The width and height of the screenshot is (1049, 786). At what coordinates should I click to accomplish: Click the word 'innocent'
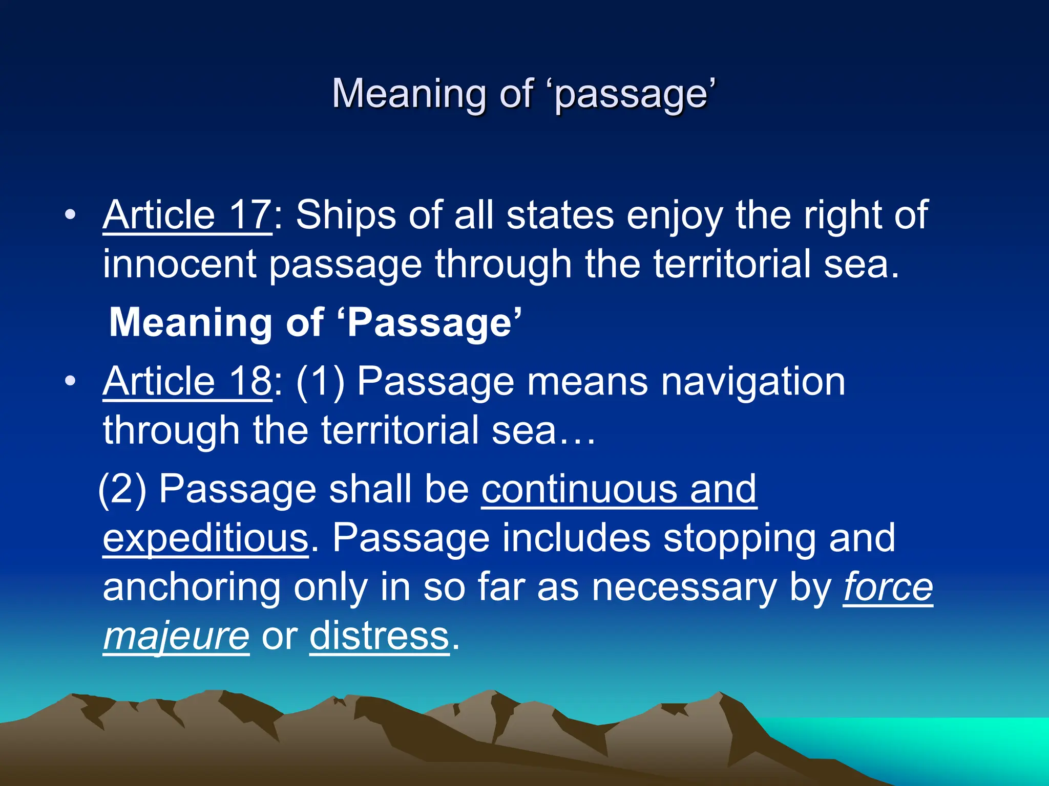point(179,264)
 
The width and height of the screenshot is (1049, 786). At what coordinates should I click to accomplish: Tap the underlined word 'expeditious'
point(205,538)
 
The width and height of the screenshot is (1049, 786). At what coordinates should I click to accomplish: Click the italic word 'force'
point(888,587)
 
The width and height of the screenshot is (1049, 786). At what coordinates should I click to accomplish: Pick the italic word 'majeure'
point(176,637)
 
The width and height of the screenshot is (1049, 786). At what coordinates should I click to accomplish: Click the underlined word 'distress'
point(380,637)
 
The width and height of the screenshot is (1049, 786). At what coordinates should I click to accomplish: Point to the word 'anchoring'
point(192,587)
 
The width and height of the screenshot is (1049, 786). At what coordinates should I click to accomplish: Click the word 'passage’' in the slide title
point(635,94)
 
